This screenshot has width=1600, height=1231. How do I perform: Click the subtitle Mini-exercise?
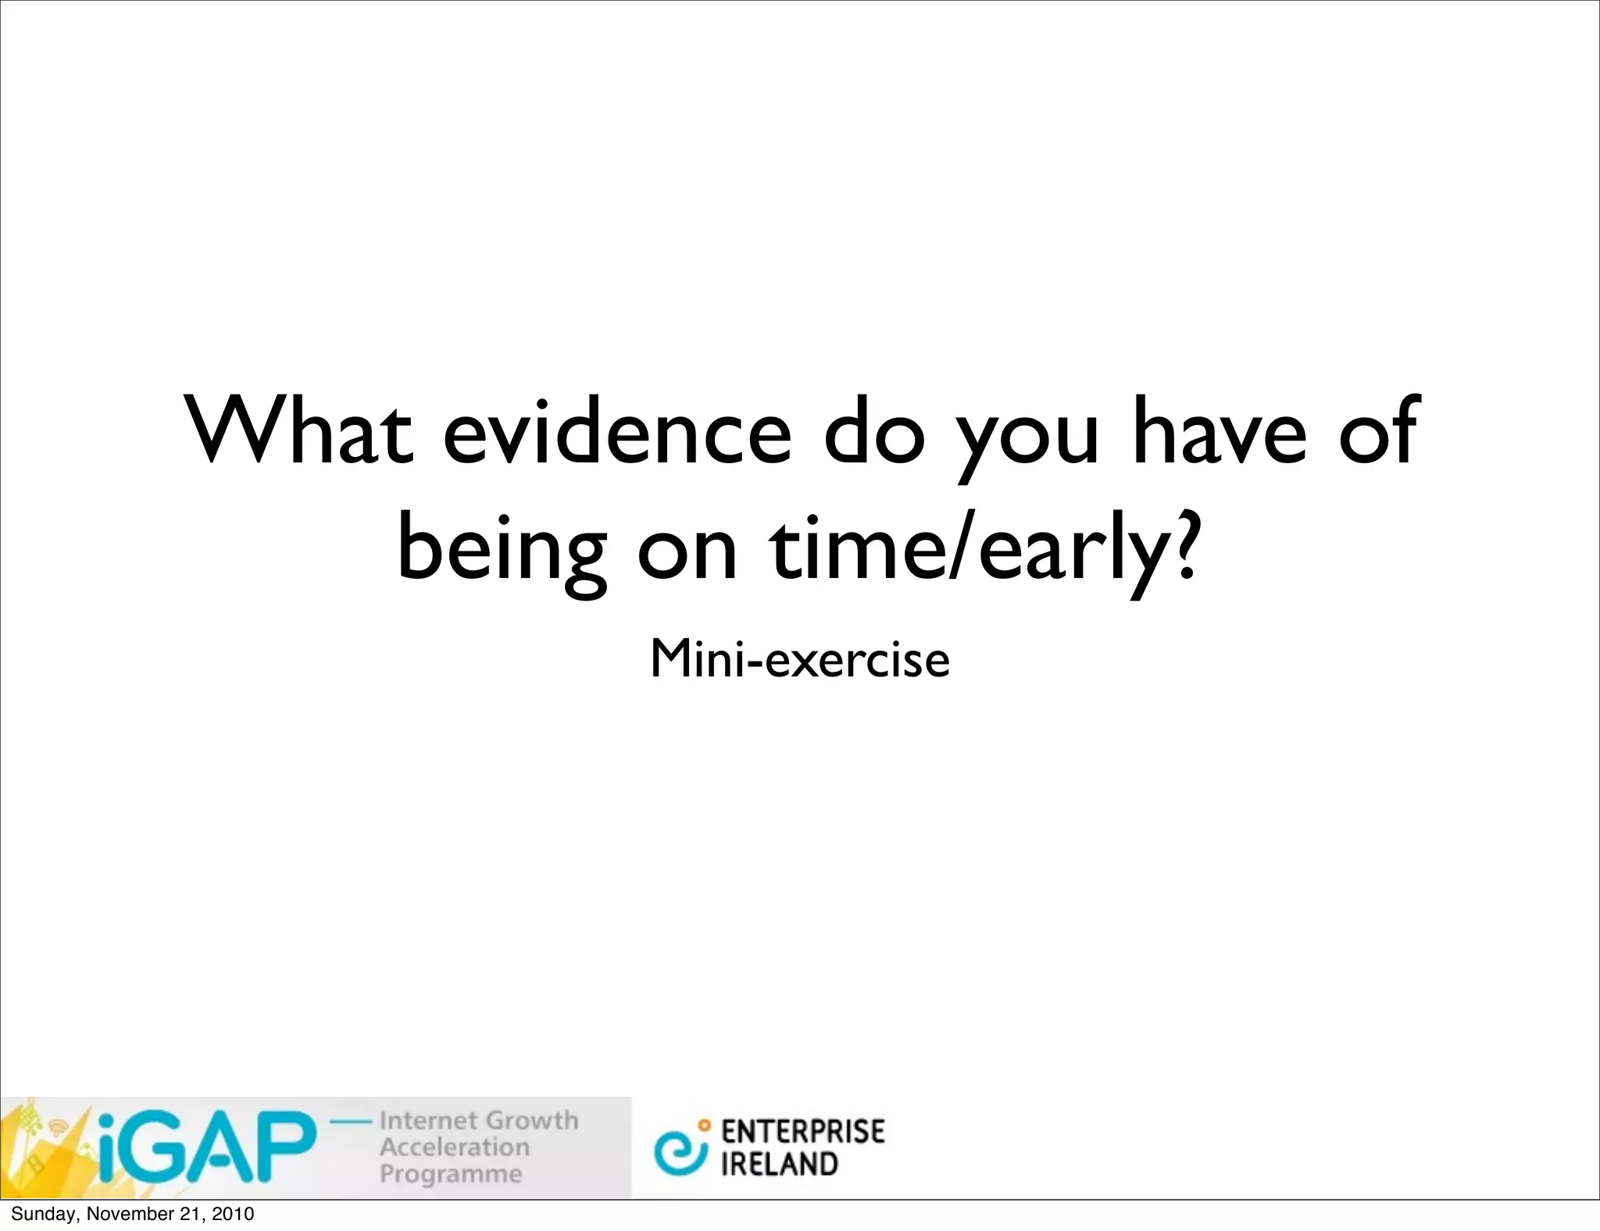click(x=799, y=659)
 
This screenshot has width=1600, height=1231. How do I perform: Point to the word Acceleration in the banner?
click(x=455, y=1147)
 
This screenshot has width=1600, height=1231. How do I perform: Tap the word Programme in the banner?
click(x=451, y=1174)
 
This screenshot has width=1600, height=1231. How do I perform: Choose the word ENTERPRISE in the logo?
click(x=802, y=1132)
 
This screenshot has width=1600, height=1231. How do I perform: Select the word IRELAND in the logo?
click(x=779, y=1165)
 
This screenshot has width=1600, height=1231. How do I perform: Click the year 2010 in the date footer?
click(x=233, y=1214)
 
